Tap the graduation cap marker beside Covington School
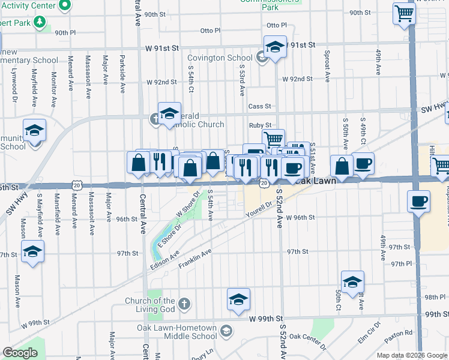pyautogui.click(x=274, y=46)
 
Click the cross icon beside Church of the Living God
pyautogui.click(x=184, y=304)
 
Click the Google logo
pyautogui.click(x=19, y=353)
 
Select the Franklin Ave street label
pyautogui.click(x=195, y=259)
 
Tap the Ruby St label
pyautogui.click(x=261, y=125)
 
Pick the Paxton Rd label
pyautogui.click(x=399, y=332)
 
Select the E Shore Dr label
pyautogui.click(x=169, y=235)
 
